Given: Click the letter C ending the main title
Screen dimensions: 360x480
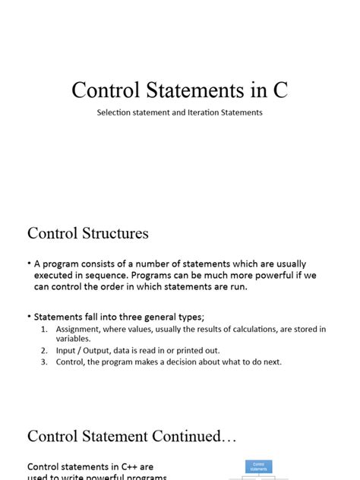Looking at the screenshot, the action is click(x=280, y=90).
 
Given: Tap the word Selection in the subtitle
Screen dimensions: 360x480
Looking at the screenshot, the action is click(x=116, y=112).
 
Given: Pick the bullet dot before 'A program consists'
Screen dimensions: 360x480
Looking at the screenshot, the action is click(x=29, y=263).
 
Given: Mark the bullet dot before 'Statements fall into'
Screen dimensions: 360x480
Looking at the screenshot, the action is click(x=29, y=315).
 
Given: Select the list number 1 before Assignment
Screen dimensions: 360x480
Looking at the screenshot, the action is click(x=44, y=329).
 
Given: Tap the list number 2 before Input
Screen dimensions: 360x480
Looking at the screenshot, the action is click(x=44, y=351).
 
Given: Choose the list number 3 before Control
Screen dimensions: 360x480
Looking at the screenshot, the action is click(x=44, y=362).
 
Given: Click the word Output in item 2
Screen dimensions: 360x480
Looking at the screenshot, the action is click(x=96, y=351).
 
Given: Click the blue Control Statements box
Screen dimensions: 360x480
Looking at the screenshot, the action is click(x=258, y=466).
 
